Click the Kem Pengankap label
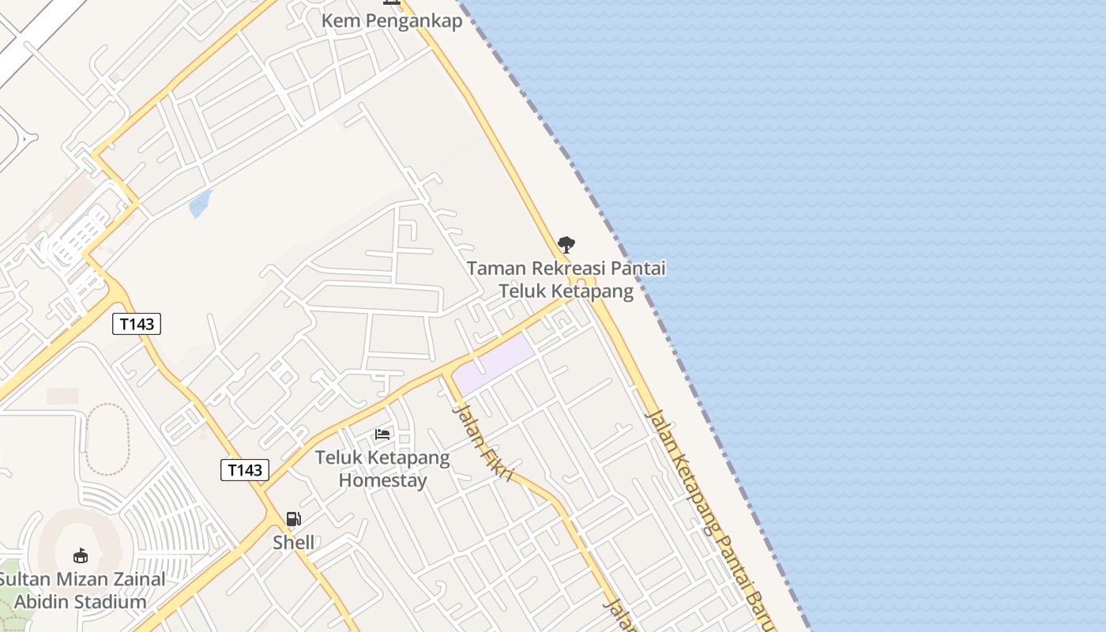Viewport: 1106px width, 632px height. point(391,21)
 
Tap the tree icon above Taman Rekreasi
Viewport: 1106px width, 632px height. point(566,245)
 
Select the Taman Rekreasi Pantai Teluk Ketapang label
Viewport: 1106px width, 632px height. point(566,280)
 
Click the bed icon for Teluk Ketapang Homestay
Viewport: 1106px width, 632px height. point(382,434)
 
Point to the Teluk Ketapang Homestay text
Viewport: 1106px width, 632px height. point(382,468)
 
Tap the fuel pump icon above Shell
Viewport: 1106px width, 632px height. point(293,519)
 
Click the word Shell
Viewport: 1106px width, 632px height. point(293,543)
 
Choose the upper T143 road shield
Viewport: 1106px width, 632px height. point(137,323)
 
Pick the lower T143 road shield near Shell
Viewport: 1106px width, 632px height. point(244,470)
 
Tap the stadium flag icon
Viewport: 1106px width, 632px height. point(80,555)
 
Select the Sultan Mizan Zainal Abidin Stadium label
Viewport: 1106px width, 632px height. point(81,590)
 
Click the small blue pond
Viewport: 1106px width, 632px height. point(201,204)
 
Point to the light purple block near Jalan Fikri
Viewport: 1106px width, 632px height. point(495,363)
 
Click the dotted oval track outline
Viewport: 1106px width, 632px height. point(107,439)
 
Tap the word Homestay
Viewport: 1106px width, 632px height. point(382,480)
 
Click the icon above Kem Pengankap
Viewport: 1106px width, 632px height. point(391,2)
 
